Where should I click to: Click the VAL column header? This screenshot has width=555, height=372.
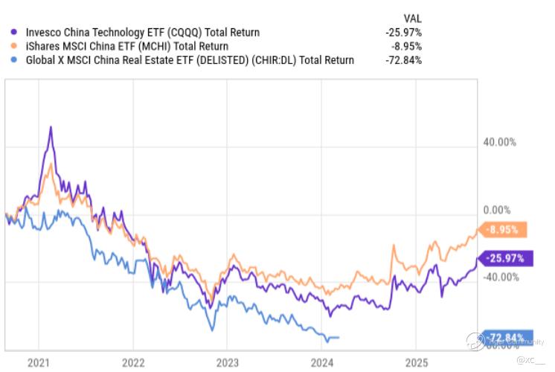412,18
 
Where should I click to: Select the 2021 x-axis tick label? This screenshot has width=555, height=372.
38,362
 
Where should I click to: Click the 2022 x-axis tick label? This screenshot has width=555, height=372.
133,362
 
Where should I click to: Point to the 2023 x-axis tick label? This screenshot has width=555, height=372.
228,362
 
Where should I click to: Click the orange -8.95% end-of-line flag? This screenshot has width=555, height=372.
505,230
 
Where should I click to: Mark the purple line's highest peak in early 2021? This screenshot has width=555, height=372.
51,127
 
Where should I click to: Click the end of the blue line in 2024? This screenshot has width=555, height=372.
339,337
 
